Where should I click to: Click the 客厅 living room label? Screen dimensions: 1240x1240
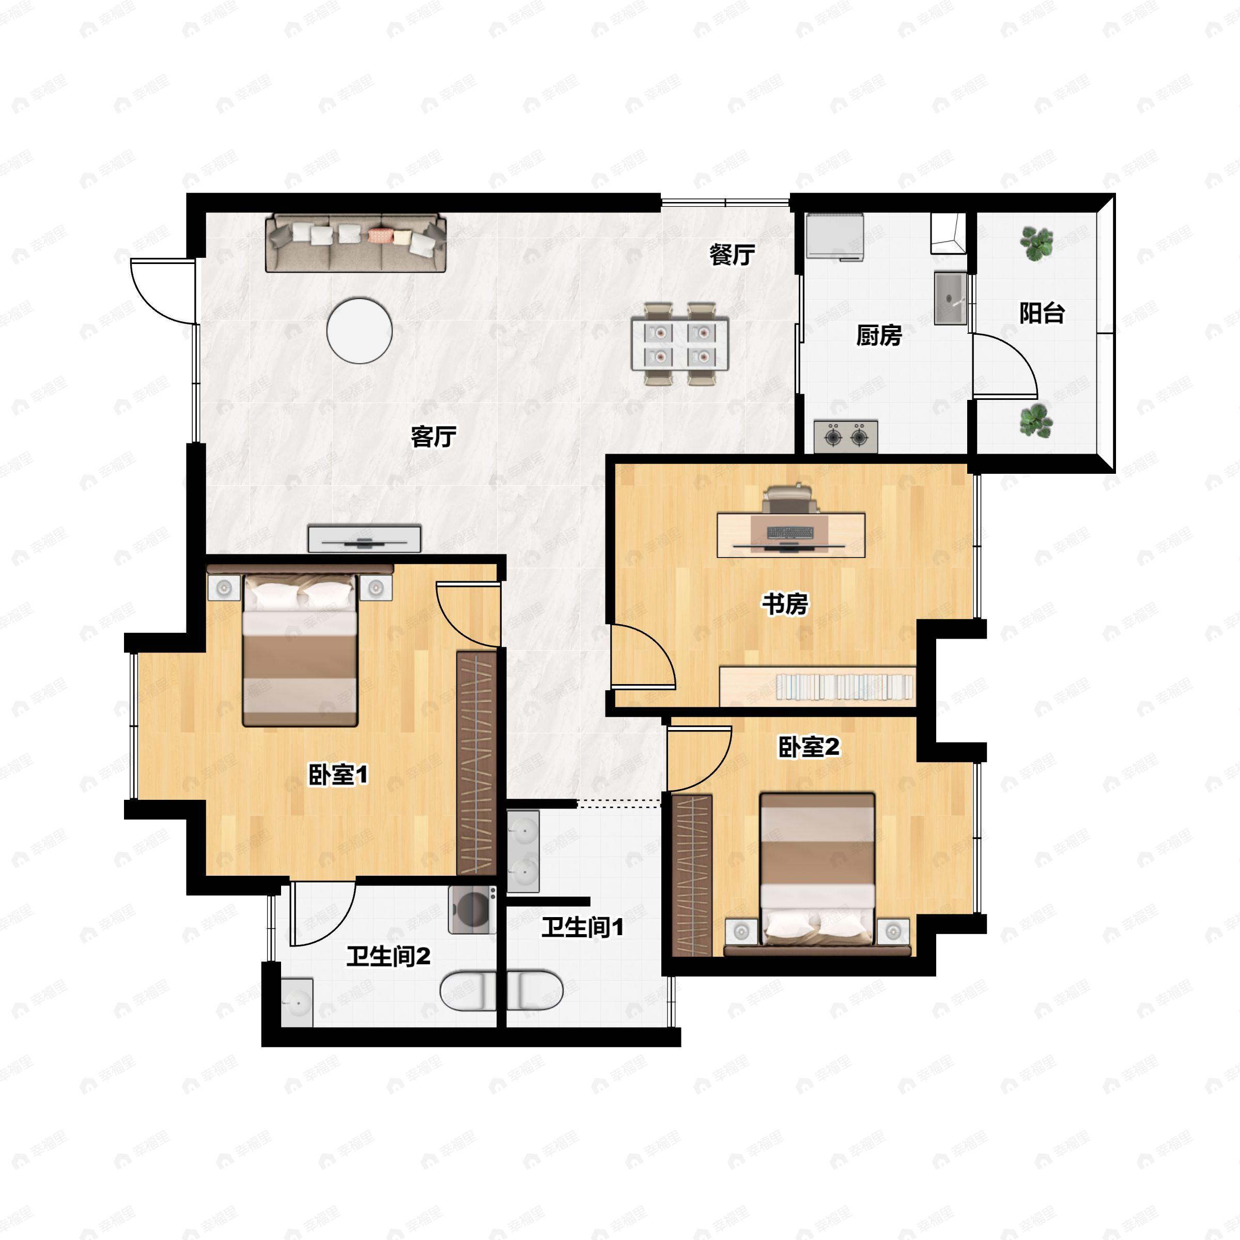433,437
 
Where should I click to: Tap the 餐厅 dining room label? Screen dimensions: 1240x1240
732,255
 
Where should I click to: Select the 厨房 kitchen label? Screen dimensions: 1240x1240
879,335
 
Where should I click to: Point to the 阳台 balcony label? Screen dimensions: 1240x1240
1042,313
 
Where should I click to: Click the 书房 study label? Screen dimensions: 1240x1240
784,604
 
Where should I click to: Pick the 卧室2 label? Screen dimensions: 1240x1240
809,747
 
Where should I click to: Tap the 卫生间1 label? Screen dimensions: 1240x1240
583,927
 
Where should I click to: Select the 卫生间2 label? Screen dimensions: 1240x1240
389,957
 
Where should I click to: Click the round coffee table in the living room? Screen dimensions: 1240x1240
360,331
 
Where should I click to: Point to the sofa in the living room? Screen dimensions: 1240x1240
355,243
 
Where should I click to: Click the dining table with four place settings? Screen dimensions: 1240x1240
680,344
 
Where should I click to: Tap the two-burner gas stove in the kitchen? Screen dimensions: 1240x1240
846,437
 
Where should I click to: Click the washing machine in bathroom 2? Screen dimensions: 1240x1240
472,909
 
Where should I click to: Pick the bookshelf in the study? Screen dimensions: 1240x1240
817,686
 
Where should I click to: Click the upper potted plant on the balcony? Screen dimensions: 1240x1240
1036,243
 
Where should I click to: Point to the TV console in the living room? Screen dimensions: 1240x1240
365,538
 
